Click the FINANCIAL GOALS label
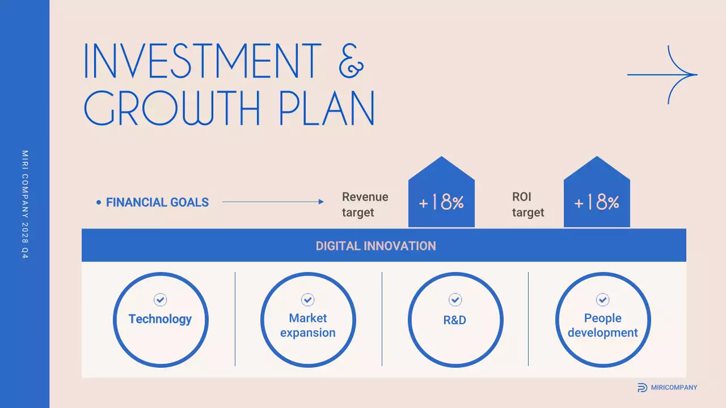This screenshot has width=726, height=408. click(x=157, y=202)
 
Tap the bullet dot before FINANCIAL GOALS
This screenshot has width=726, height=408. click(x=99, y=202)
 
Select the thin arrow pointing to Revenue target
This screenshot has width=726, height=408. click(x=273, y=202)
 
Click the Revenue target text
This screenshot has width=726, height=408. click(x=365, y=205)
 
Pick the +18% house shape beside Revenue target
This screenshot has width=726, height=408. click(x=441, y=195)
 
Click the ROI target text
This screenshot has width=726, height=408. click(x=527, y=205)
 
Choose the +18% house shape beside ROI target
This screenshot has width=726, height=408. click(x=597, y=195)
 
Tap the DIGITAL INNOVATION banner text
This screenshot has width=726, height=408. click(x=375, y=246)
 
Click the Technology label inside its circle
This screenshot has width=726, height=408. click(x=160, y=319)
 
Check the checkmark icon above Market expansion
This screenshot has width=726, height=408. click(x=307, y=299)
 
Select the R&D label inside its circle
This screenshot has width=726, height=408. click(x=454, y=320)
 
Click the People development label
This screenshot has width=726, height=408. click(x=602, y=325)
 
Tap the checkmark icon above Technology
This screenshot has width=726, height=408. click(x=161, y=299)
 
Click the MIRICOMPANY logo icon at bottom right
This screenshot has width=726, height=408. click(x=642, y=388)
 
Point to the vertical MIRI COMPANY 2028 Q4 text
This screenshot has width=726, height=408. click(x=24, y=205)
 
